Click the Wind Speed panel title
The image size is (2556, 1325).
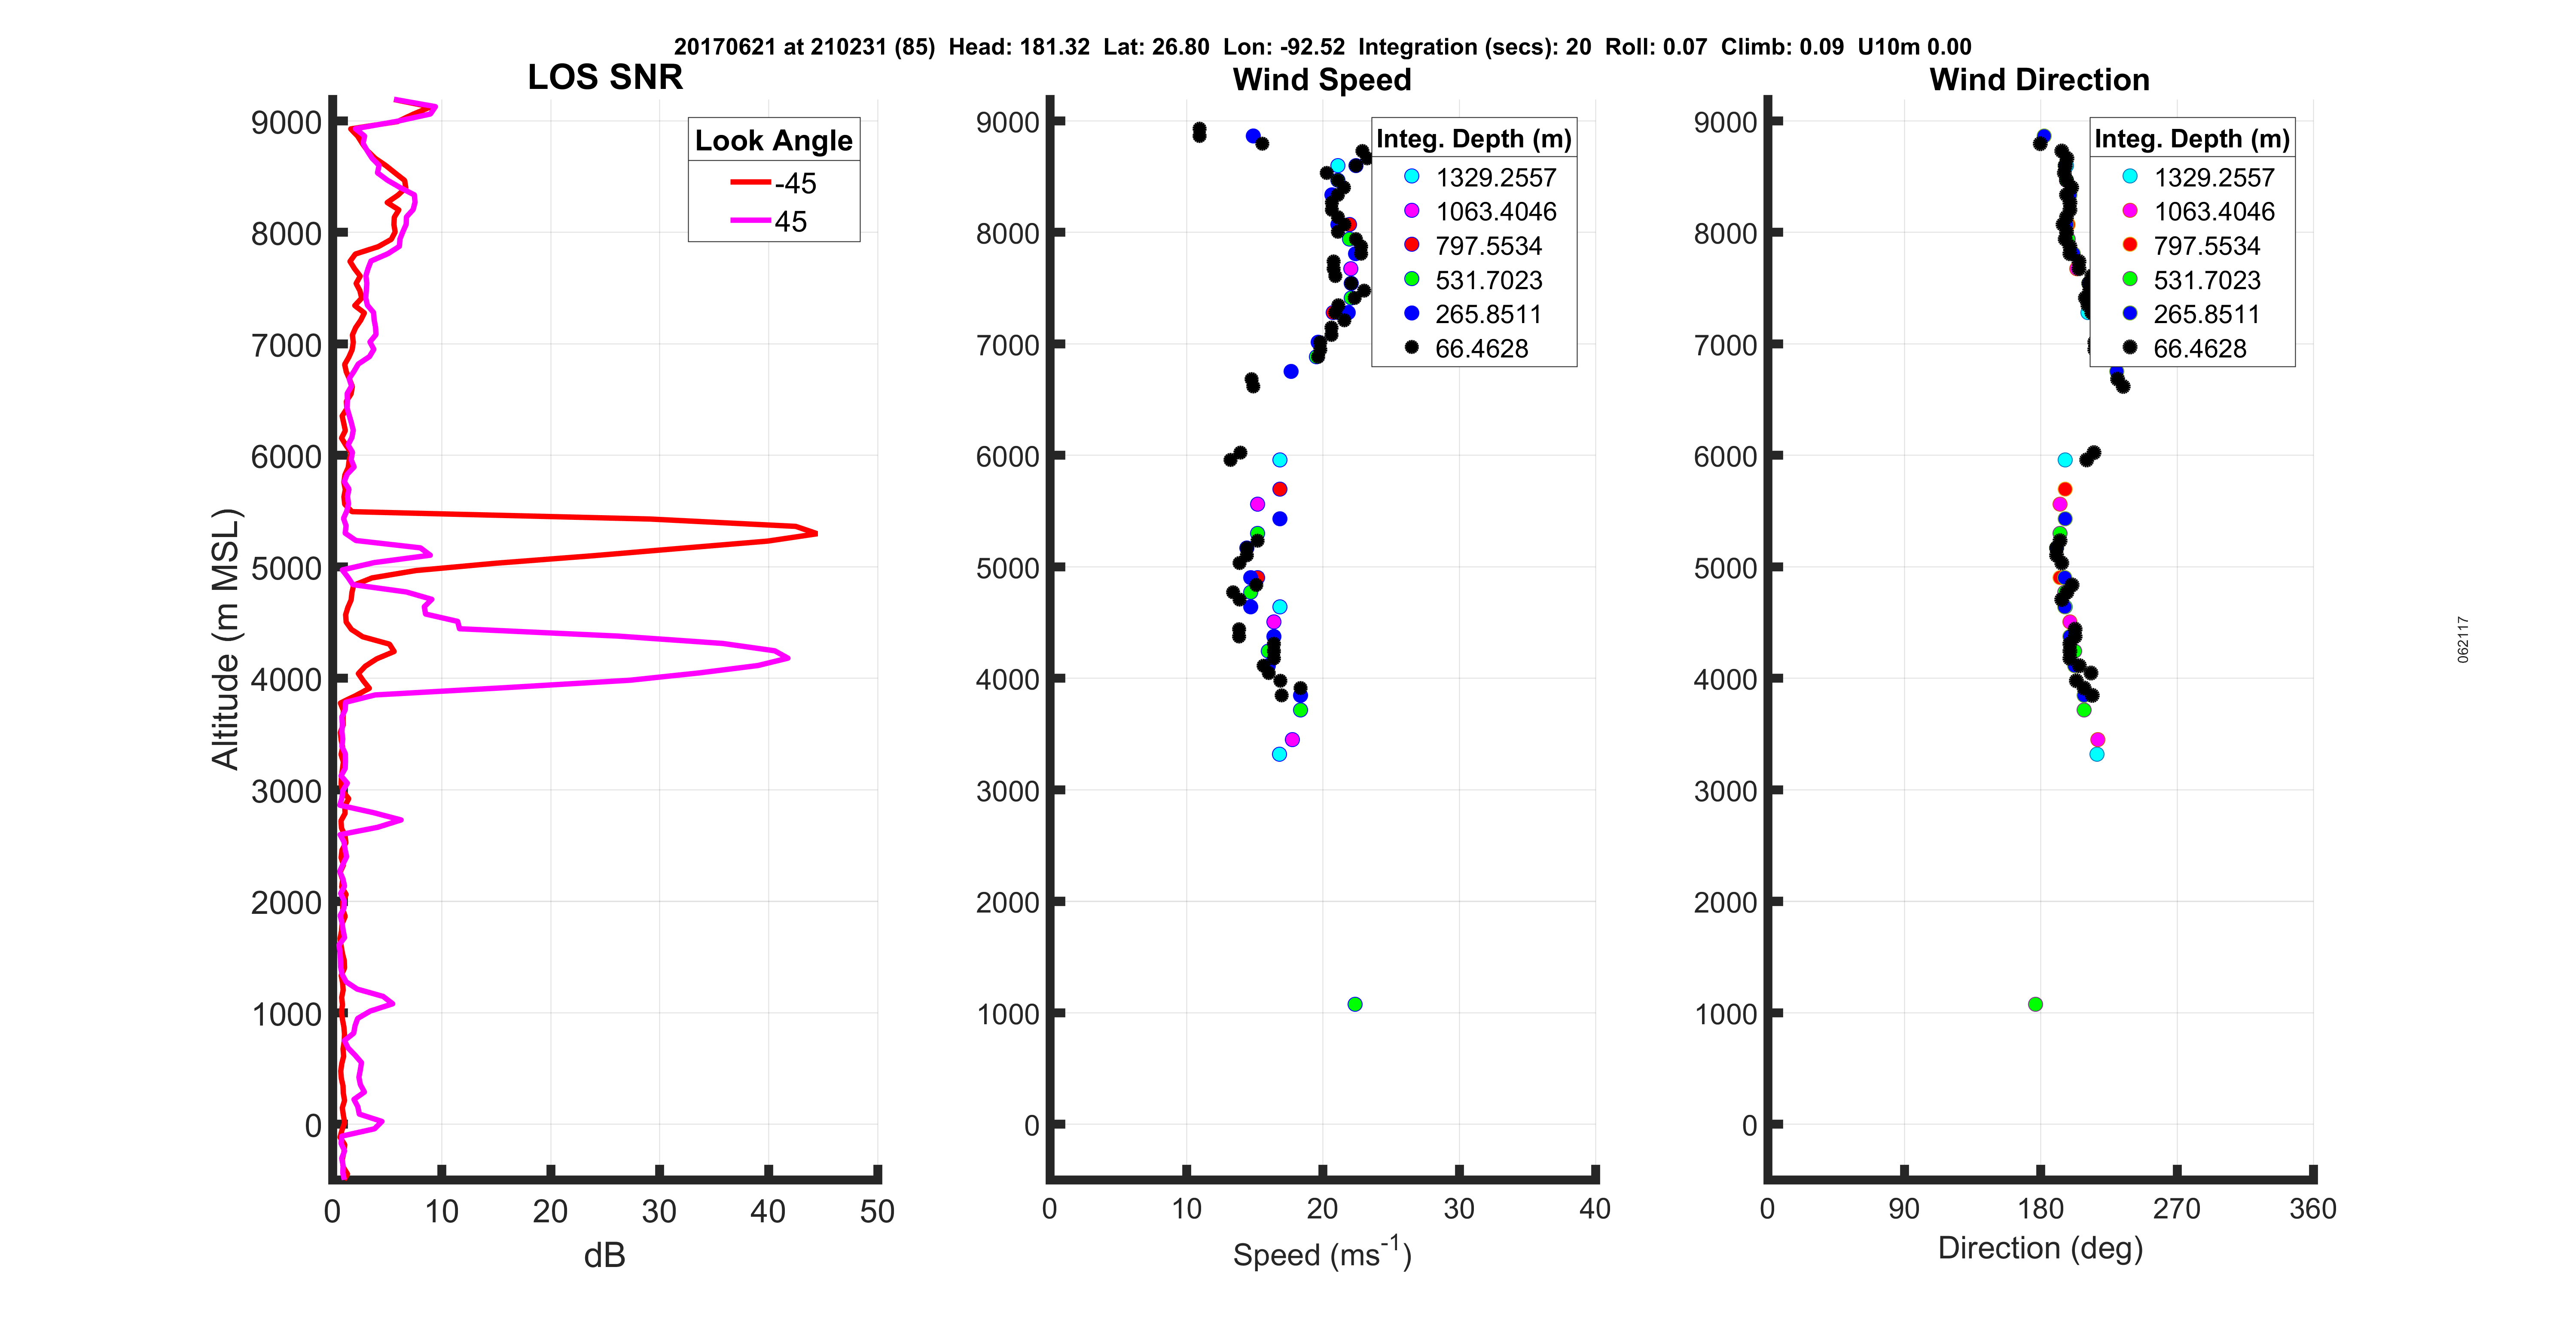pyautogui.click(x=1322, y=79)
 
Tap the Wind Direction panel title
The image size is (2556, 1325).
pyautogui.click(x=2039, y=79)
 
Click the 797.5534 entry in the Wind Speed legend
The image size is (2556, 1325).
pyautogui.click(x=1487, y=246)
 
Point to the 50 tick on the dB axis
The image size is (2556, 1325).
pyautogui.click(x=877, y=1211)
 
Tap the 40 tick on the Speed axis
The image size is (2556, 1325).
pyautogui.click(x=1595, y=1209)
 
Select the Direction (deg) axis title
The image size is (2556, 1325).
pyautogui.click(x=2040, y=1249)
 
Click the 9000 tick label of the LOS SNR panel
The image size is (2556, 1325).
pyautogui.click(x=286, y=123)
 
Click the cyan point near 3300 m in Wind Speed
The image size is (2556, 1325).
pyautogui.click(x=1279, y=754)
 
